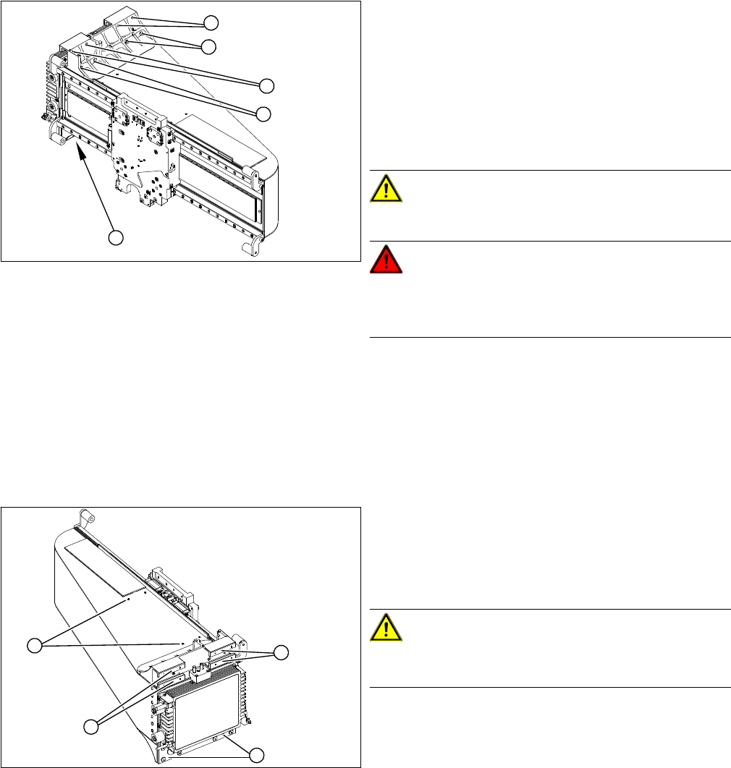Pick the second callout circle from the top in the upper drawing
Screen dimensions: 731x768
click(x=208, y=47)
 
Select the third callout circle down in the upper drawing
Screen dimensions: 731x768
click(x=267, y=85)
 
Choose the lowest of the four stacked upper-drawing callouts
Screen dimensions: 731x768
click(x=264, y=113)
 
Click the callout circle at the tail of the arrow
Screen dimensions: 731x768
click(x=116, y=237)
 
